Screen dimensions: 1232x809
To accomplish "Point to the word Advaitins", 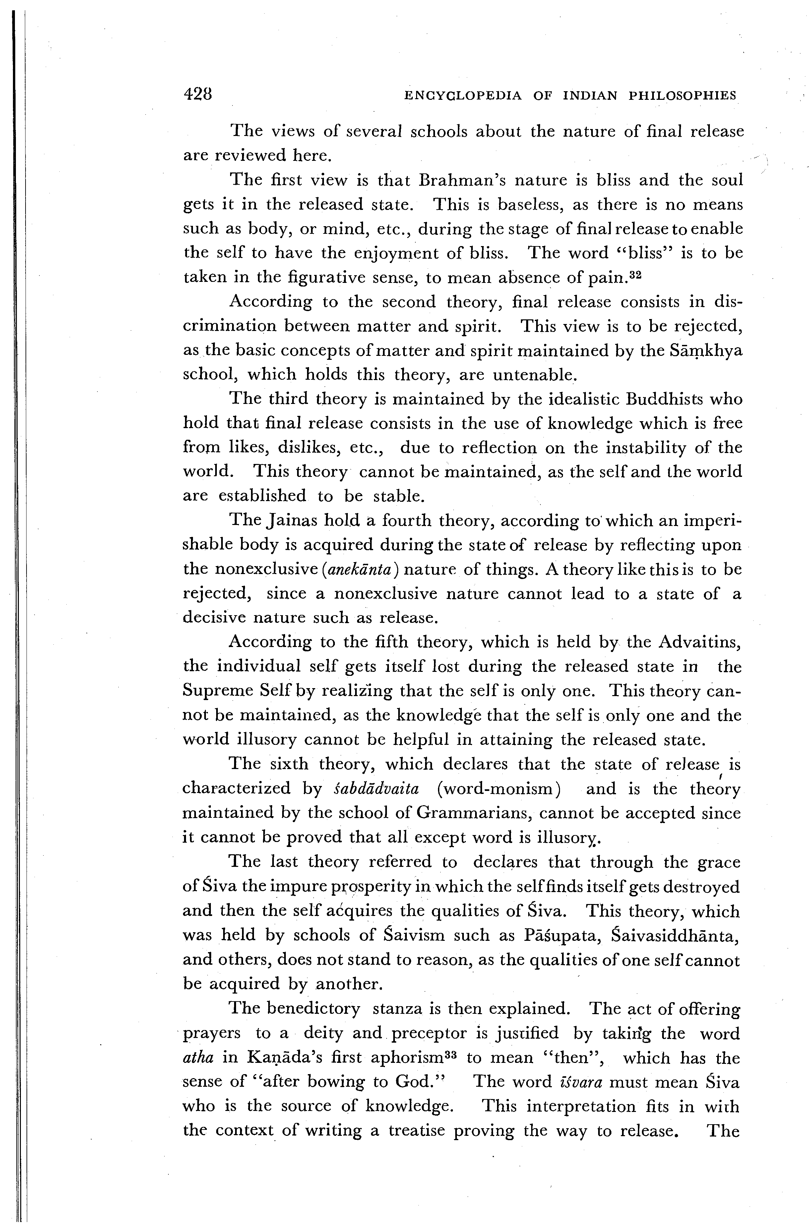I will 700,642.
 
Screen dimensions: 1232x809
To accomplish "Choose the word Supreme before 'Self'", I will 218,691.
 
